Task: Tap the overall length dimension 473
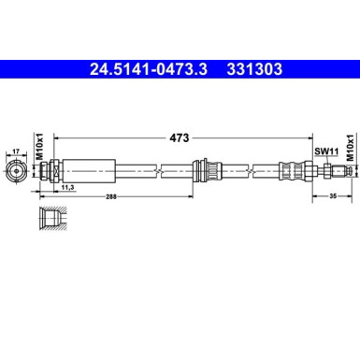(180, 137)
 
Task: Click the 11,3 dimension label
(67, 188)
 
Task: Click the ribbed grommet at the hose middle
(199, 172)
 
